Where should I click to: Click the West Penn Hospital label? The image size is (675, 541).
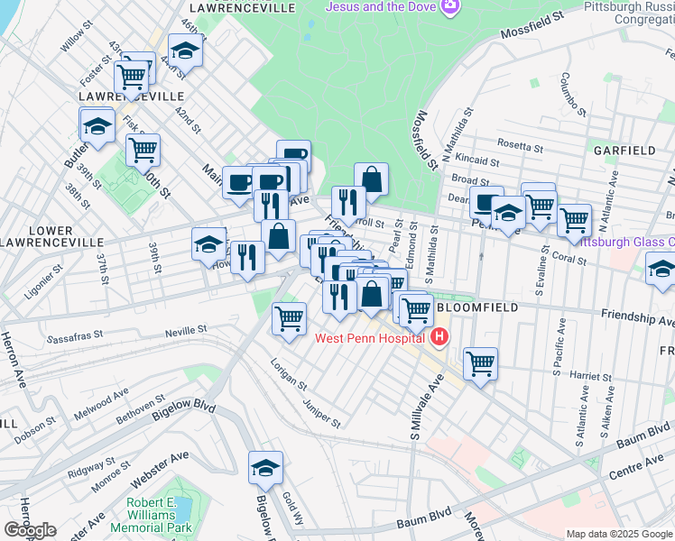tap(369, 338)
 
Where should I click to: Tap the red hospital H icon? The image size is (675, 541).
tap(439, 338)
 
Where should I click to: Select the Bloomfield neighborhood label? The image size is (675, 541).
tap(478, 307)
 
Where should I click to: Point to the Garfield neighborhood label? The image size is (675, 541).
tap(624, 150)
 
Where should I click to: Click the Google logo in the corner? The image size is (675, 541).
tap(30, 530)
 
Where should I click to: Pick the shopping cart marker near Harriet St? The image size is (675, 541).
tap(481, 364)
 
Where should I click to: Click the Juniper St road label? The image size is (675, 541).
tap(322, 414)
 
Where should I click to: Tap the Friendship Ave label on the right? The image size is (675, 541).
tap(637, 317)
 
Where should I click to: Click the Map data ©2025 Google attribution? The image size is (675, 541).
tap(619, 534)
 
